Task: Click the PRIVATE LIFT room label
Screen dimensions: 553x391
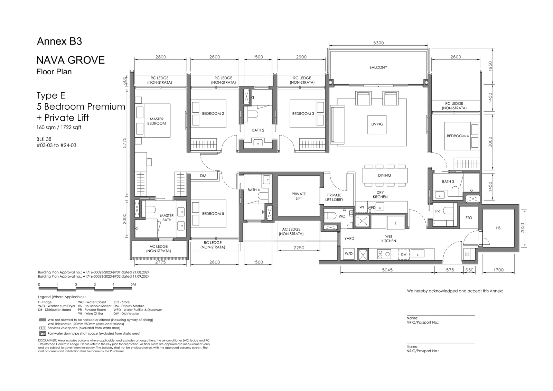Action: point(299,196)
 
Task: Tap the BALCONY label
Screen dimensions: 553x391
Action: point(378,67)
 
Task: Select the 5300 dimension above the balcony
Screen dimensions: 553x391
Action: point(378,43)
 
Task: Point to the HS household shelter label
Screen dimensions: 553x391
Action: point(498,228)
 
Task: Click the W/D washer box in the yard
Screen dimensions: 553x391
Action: point(349,254)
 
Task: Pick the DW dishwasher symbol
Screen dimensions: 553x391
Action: point(404,254)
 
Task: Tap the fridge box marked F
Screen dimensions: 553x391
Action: point(395,223)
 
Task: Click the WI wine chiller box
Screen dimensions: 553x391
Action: point(362,207)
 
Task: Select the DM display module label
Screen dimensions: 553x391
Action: point(203,176)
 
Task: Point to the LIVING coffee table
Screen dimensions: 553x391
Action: point(377,124)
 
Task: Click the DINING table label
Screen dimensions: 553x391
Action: point(384,175)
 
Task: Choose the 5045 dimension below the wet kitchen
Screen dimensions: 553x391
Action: point(387,270)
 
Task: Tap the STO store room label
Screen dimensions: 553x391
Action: point(469,218)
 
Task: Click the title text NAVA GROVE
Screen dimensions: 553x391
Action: point(71,60)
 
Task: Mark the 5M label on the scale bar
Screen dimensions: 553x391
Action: point(133,284)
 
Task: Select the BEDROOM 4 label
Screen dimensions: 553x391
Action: point(458,136)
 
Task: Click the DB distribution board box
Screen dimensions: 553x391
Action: point(467,254)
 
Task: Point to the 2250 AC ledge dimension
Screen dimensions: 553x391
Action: point(299,248)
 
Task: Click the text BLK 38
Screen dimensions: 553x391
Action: point(44,139)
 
